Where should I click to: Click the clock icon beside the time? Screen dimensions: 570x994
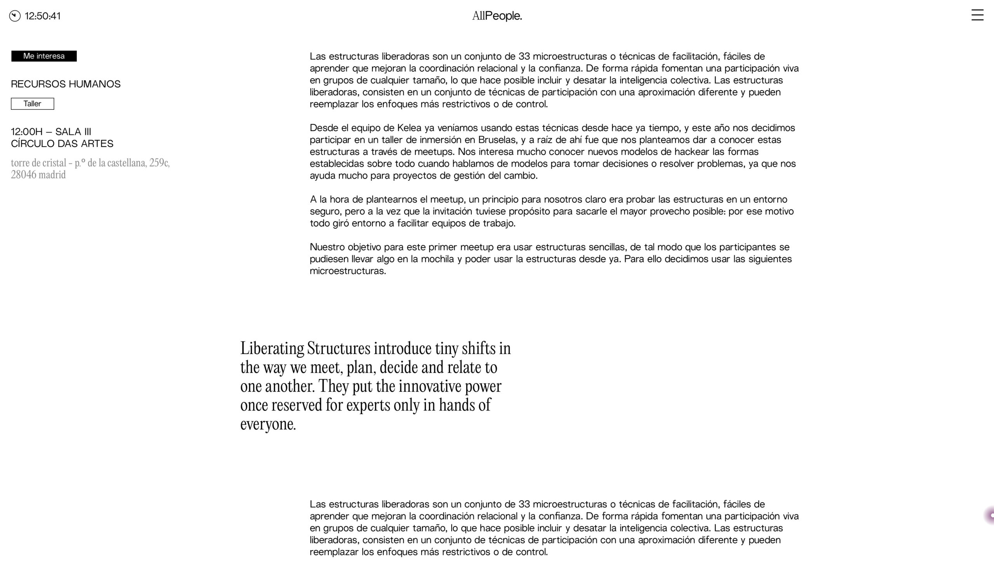coord(15,16)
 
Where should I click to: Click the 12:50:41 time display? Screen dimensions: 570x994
coord(43,16)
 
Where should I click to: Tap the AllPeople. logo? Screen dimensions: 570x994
coord(497,16)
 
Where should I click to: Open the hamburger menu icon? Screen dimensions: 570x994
coord(977,15)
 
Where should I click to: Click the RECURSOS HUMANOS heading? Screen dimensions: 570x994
coord(66,84)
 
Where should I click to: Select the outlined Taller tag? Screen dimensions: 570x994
coord(33,104)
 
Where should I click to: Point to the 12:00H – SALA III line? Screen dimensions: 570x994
coord(51,132)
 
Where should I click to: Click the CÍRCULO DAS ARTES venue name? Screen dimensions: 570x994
coord(62,144)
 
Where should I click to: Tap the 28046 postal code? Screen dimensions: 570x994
coord(24,175)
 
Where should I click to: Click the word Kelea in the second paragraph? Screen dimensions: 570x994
coord(409,128)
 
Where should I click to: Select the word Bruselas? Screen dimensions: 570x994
coord(497,140)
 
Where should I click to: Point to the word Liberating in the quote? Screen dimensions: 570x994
coord(272,348)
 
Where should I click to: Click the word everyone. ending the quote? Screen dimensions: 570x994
coord(268,424)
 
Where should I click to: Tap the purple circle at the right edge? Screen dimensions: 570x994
coord(990,516)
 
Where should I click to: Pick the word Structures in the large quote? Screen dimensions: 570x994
coord(339,348)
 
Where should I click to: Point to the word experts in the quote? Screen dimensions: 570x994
coord(368,405)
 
